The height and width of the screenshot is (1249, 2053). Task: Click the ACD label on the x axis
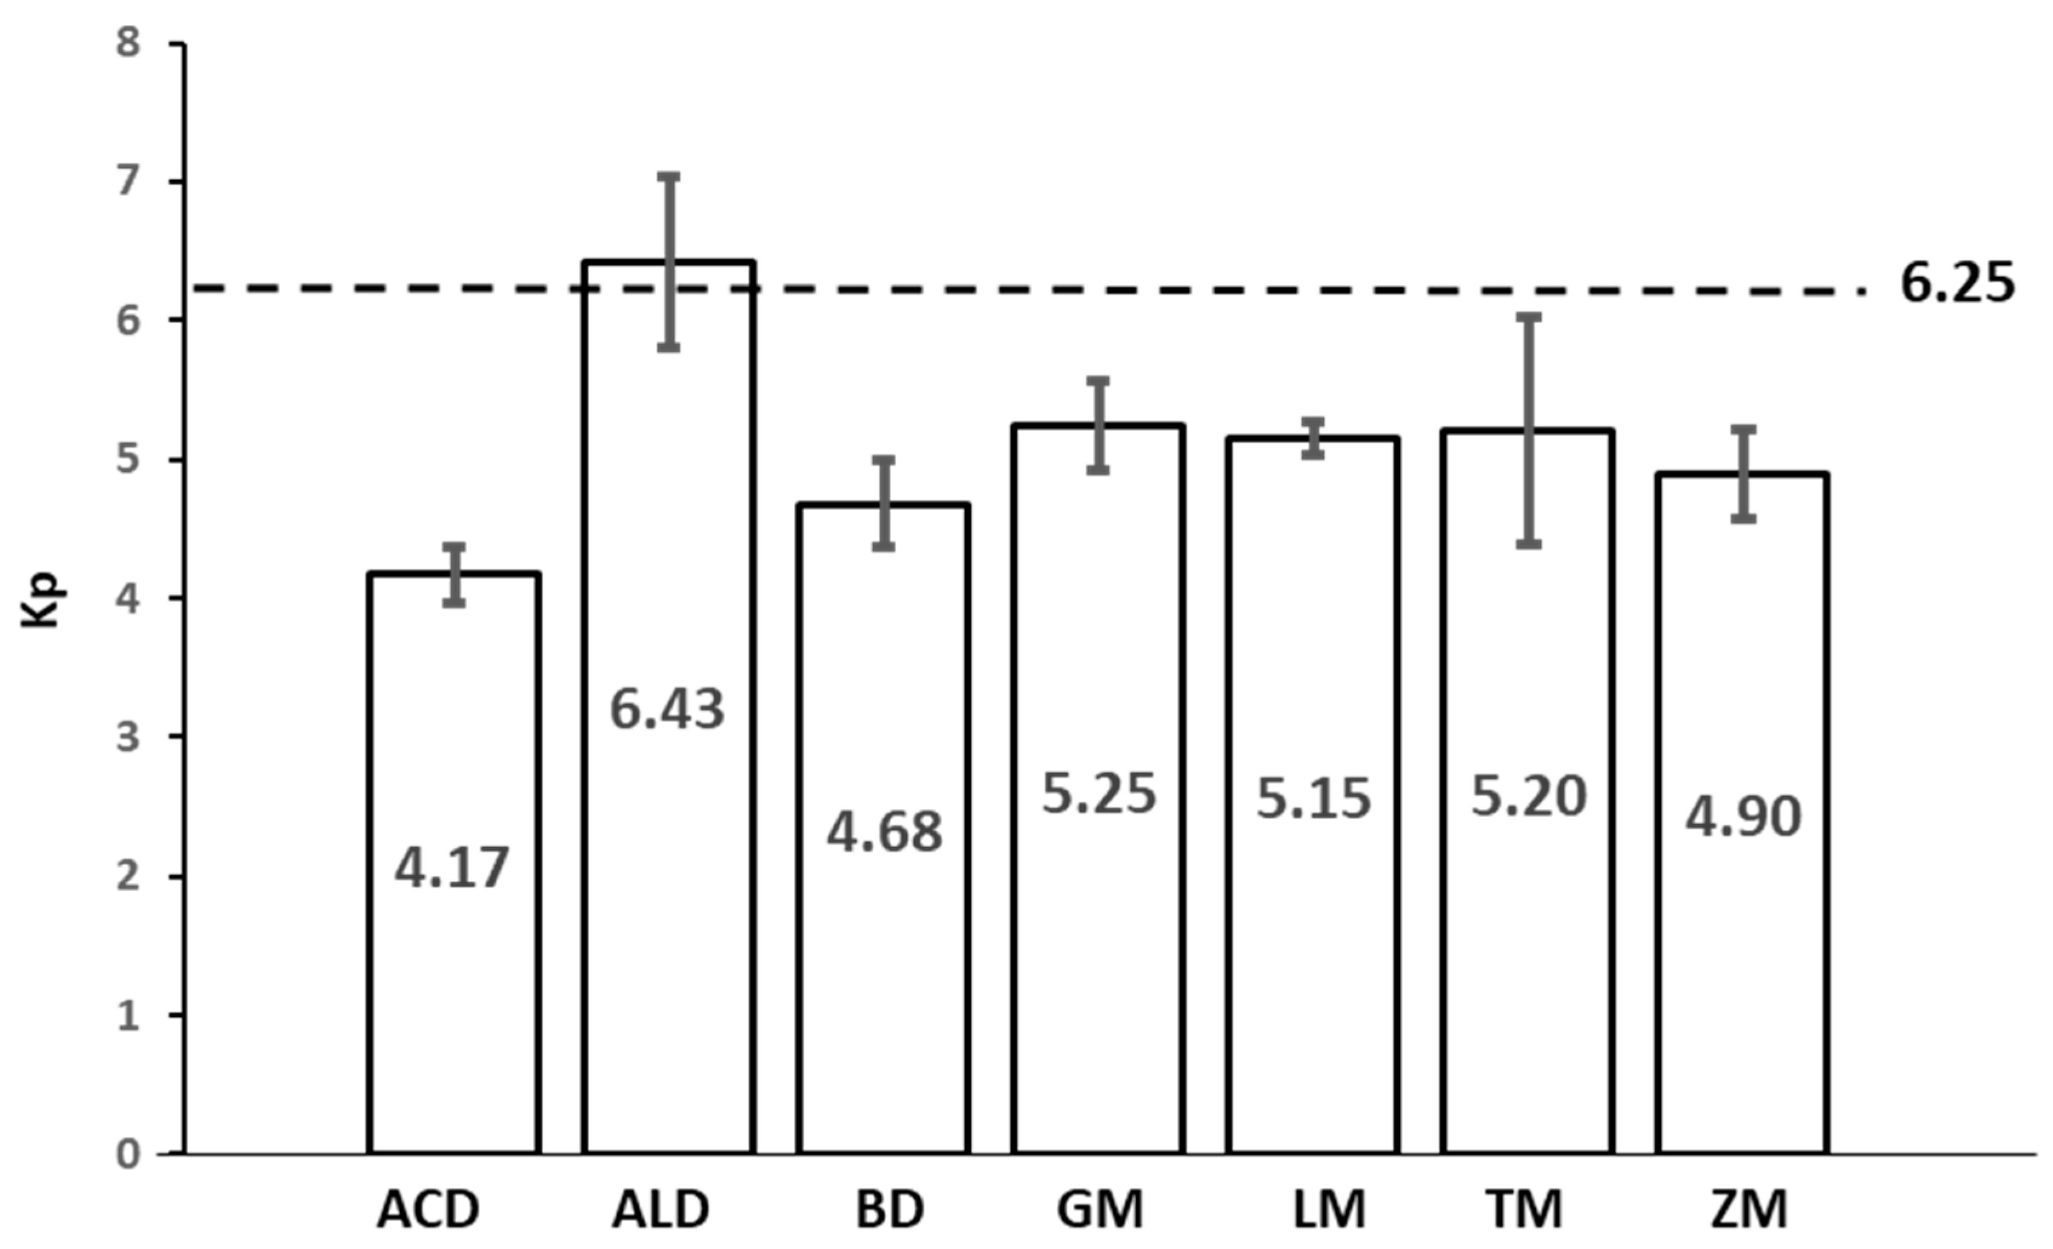(x=429, y=1209)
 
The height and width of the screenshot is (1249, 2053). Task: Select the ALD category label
(x=661, y=1209)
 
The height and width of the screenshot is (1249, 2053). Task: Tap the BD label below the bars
(x=890, y=1209)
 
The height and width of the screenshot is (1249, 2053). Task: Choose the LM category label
(x=1330, y=1209)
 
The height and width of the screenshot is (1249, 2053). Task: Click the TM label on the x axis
(x=1526, y=1209)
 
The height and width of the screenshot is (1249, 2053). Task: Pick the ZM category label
(x=1749, y=1209)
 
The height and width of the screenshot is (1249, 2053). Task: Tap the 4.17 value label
(x=452, y=868)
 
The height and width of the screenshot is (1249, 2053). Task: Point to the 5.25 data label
(x=1100, y=793)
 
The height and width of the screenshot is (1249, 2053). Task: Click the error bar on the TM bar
(x=1529, y=430)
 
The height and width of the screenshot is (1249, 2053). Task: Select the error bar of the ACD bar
(x=453, y=574)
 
